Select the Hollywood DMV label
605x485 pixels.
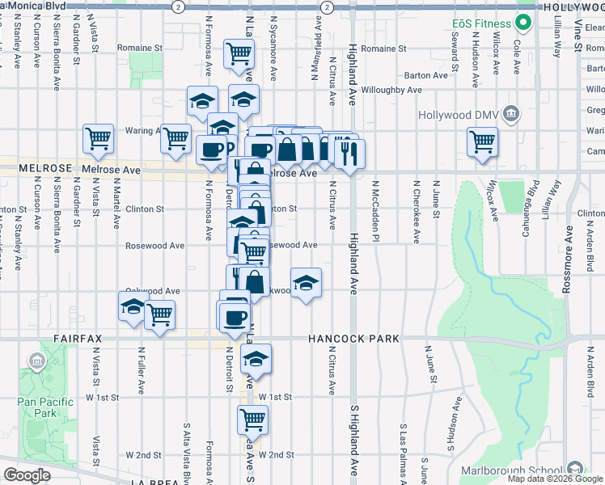455,114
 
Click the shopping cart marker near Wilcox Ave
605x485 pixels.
482,141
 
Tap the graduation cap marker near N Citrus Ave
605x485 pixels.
306,283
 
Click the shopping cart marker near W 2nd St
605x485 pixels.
252,420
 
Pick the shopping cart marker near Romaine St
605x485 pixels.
239,54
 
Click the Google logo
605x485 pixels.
27,475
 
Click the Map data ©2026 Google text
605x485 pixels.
555,479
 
